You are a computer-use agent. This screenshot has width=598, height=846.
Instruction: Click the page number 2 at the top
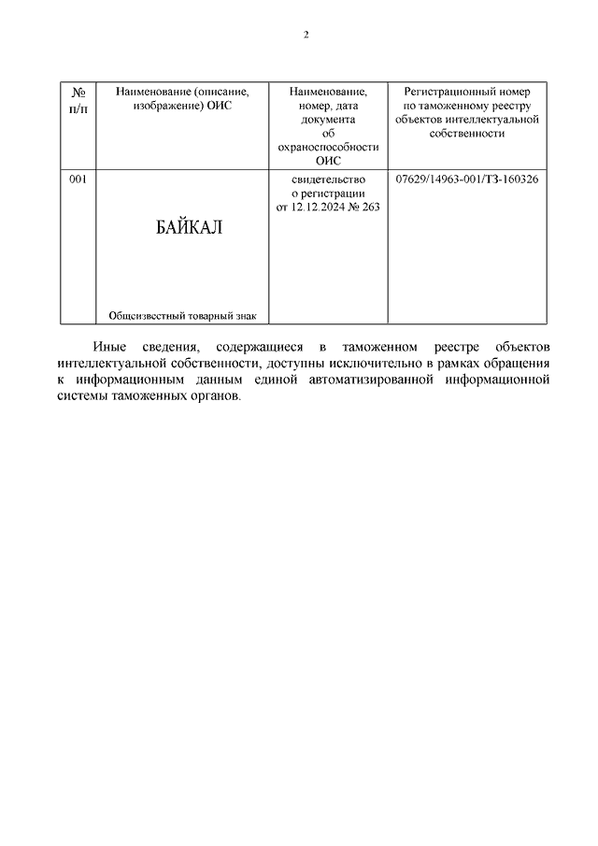306,35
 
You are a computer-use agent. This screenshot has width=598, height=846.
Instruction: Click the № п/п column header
78,99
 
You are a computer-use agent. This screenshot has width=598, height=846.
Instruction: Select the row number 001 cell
78,179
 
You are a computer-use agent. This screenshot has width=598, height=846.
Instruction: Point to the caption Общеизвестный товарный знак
182,315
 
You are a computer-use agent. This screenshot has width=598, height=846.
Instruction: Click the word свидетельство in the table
328,179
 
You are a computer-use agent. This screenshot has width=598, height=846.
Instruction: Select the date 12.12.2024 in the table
321,207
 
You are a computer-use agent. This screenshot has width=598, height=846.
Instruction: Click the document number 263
370,207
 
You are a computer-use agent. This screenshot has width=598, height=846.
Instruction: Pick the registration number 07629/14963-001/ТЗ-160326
466,179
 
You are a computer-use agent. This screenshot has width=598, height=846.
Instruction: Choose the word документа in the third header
328,120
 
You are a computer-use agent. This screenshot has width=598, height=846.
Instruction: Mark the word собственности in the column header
466,133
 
